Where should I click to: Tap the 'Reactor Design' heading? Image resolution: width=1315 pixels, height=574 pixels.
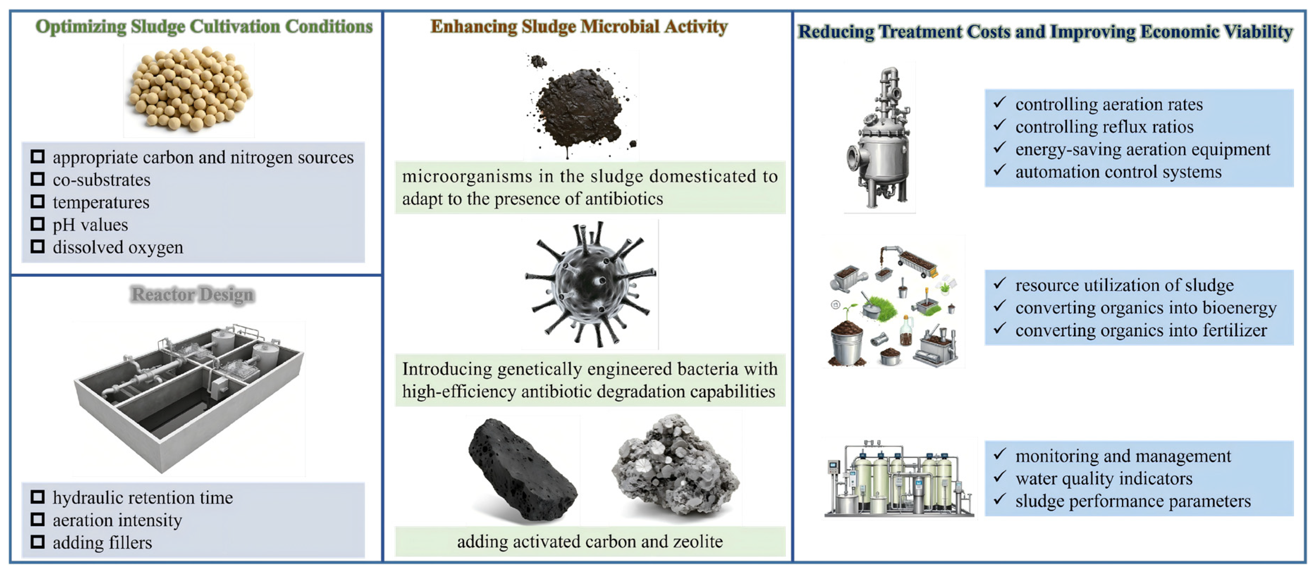192,294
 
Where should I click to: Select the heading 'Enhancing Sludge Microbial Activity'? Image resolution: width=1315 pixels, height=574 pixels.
579,26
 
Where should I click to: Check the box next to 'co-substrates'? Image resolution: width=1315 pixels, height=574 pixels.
38,179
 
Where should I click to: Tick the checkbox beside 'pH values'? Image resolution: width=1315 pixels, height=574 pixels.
38,224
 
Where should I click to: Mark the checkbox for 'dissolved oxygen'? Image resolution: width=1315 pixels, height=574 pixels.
38,247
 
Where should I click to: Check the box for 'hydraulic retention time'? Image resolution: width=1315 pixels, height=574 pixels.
38,497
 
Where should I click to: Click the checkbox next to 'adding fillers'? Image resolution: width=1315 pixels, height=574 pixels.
38,541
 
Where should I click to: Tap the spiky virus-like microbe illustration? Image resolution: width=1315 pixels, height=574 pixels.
591,284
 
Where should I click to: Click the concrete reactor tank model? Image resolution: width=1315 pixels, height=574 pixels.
189,397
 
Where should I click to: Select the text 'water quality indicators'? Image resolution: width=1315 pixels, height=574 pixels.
1104,479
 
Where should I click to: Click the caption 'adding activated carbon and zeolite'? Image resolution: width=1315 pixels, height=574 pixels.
589,541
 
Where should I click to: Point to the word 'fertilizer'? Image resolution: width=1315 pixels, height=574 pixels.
1234,330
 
